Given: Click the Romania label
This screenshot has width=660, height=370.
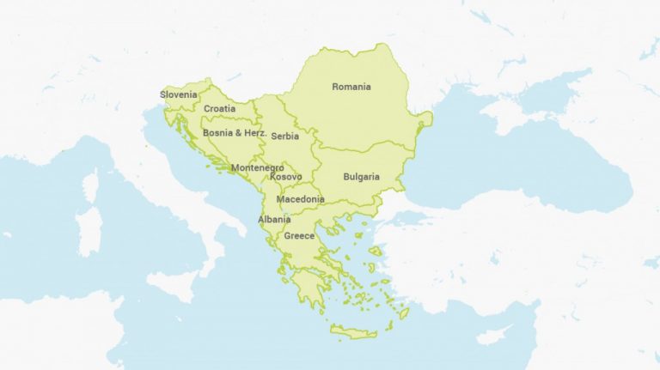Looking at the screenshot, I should click(x=351, y=87).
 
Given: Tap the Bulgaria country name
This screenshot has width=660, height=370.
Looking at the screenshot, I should click(x=361, y=177).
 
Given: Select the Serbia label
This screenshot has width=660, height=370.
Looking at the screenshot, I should click(x=285, y=136).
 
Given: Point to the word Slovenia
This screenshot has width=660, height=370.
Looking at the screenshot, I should click(x=178, y=94).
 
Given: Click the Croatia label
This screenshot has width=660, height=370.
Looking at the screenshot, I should click(x=219, y=109).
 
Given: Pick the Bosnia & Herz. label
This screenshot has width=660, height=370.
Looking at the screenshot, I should click(x=235, y=133).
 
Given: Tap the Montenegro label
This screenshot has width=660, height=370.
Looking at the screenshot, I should click(x=257, y=167).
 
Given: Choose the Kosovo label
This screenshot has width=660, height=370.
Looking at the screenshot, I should click(x=285, y=177).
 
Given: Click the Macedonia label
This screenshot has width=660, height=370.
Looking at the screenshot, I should click(x=300, y=199).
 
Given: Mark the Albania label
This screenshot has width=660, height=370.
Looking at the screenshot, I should click(x=274, y=220).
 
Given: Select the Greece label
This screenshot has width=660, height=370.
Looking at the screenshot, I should click(x=300, y=235).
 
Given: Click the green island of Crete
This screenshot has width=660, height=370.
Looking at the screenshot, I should click(x=353, y=331).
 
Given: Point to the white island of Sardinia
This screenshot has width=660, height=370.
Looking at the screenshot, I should click(x=89, y=227).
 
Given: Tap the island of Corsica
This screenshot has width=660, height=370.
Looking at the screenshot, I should click(x=89, y=186).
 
